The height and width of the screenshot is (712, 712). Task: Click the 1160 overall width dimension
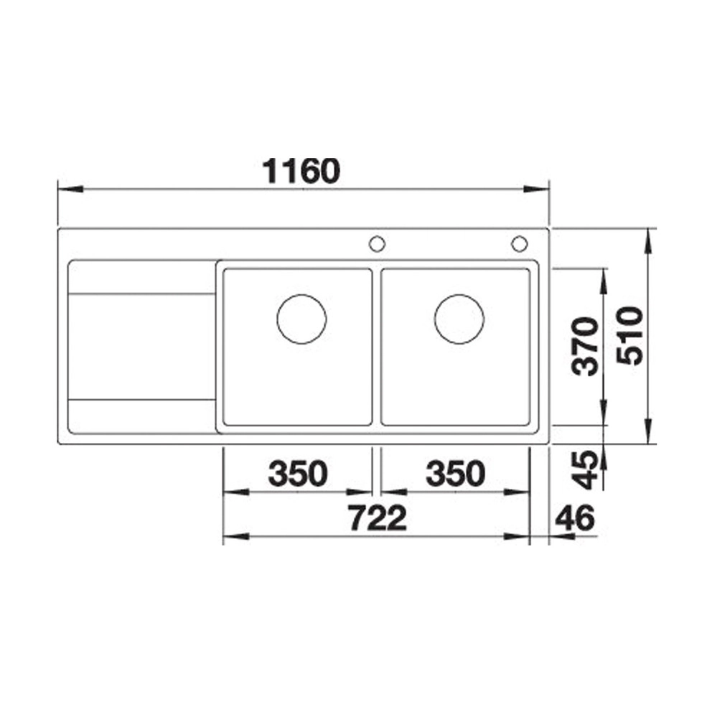click(301, 171)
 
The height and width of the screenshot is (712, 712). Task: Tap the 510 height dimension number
click(630, 336)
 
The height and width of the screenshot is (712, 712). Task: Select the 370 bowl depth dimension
click(585, 347)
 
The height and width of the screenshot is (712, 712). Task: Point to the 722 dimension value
click(378, 518)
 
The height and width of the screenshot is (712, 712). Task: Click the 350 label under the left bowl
click(297, 473)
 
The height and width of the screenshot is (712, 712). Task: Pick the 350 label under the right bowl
click(456, 473)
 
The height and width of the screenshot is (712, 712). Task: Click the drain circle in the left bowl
click(301, 294)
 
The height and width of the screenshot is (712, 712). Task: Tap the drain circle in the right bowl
click(459, 294)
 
